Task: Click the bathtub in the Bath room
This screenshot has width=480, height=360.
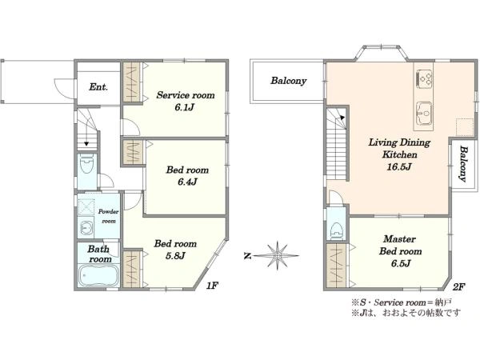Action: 98,275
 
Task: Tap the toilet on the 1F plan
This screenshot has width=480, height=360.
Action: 86,164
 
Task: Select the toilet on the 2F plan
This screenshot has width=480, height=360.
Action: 337,230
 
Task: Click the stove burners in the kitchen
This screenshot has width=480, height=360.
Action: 424,79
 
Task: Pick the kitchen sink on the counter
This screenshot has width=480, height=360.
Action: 424,114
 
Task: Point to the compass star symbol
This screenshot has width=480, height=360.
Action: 277,255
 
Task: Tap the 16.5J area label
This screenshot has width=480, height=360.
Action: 399,167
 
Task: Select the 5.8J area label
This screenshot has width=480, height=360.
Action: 175,256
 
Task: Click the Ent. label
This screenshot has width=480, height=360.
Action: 98,87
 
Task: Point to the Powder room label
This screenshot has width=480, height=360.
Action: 108,216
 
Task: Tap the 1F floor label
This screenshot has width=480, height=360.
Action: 212,286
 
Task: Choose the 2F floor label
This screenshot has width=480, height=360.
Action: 459,287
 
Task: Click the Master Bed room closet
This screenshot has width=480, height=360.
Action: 337,266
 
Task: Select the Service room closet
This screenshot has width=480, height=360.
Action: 132,82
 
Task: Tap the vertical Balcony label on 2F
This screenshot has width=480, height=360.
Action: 464,164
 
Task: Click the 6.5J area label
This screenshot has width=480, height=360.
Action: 401,263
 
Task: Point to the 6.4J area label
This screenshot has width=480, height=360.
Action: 187,182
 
